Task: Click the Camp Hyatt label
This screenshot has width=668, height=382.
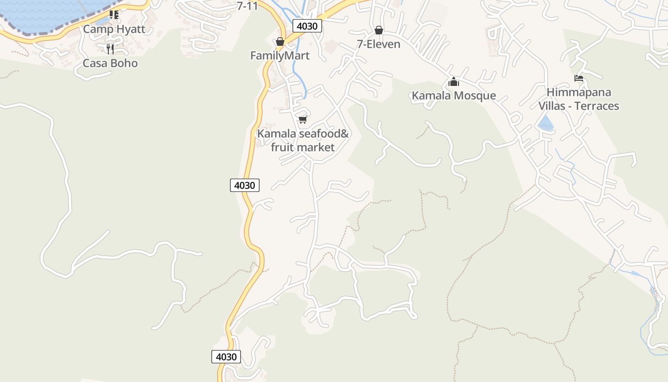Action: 114,29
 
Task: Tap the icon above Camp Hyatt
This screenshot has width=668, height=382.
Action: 114,15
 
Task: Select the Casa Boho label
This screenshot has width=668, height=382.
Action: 110,63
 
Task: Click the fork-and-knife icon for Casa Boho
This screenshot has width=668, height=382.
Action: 110,49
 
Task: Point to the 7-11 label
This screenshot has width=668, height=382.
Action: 248,6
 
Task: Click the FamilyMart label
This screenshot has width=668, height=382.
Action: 280,55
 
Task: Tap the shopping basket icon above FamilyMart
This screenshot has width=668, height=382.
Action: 280,42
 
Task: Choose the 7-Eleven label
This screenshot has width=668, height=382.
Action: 378,44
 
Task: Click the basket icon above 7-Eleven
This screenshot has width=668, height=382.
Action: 379,31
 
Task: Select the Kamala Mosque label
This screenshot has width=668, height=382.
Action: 454,95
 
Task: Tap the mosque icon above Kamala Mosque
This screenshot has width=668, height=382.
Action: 453,82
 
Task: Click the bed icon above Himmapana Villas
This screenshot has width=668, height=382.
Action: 579,78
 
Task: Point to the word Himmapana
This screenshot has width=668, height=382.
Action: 579,92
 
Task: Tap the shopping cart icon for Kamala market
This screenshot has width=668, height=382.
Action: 303,119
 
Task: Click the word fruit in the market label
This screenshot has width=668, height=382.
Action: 282,147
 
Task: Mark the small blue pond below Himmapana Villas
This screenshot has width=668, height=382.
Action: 545,124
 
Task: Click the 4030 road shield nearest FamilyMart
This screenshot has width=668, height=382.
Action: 306,26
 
